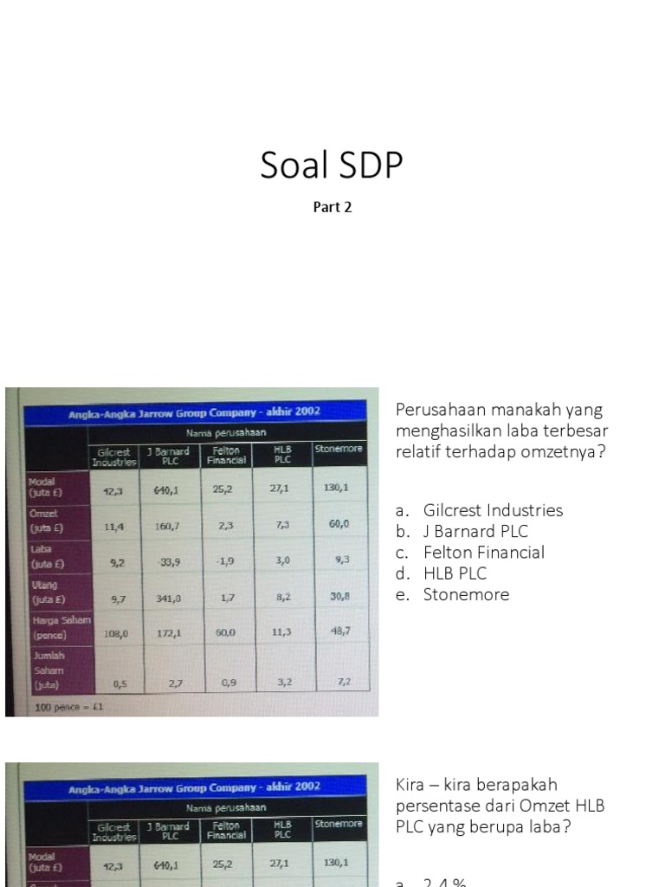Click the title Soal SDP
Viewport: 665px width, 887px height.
click(x=332, y=165)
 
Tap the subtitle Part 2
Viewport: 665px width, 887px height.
click(x=332, y=208)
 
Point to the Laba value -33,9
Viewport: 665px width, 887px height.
click(x=169, y=562)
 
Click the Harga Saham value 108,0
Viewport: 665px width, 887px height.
click(x=115, y=634)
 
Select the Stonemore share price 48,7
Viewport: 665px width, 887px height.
click(x=339, y=631)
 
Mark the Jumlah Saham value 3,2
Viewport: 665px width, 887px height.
click(x=282, y=683)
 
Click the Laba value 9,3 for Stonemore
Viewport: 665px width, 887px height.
click(x=340, y=560)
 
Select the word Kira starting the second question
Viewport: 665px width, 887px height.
click(x=412, y=785)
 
